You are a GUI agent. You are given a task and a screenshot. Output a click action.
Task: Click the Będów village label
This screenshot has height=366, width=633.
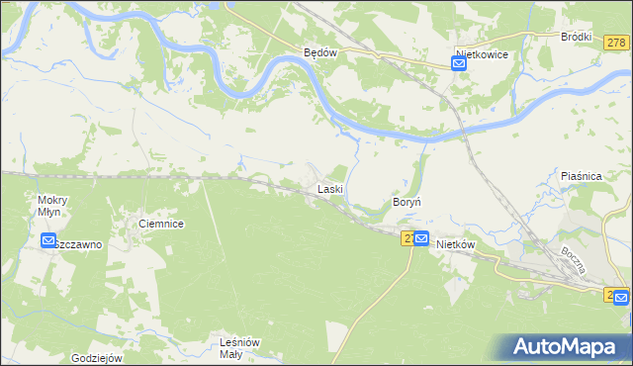(x=320, y=53)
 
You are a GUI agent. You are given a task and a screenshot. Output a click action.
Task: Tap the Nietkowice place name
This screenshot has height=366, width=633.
(x=482, y=54)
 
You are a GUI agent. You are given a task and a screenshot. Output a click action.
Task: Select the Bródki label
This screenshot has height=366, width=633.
(x=576, y=37)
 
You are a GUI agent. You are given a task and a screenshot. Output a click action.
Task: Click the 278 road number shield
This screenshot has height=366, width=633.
(x=616, y=43)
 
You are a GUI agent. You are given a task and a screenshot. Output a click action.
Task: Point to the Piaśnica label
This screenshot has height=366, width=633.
(x=582, y=175)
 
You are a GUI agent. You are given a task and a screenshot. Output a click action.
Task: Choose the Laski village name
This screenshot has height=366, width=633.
(x=329, y=188)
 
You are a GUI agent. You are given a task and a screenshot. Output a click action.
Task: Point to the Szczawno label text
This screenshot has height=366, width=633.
(x=79, y=244)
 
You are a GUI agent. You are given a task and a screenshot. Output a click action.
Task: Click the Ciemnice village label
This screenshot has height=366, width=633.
(x=161, y=225)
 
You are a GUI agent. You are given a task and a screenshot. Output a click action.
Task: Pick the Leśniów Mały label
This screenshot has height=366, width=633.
(x=238, y=348)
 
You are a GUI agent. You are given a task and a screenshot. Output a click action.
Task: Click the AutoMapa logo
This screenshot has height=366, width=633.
(x=568, y=346)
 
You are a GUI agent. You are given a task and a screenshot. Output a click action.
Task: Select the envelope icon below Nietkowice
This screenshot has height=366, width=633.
(x=459, y=64)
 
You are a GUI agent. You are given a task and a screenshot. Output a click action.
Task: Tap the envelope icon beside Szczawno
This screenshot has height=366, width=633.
(x=48, y=240)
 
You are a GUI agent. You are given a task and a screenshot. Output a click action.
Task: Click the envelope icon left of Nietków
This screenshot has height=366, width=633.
(x=421, y=238)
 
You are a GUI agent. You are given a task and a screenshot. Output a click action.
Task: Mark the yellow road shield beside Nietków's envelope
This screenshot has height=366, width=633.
(x=407, y=238)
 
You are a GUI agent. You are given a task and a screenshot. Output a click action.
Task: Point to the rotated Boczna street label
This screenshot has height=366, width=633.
(x=576, y=262)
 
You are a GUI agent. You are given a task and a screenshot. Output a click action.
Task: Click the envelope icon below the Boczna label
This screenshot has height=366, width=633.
(x=620, y=296)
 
